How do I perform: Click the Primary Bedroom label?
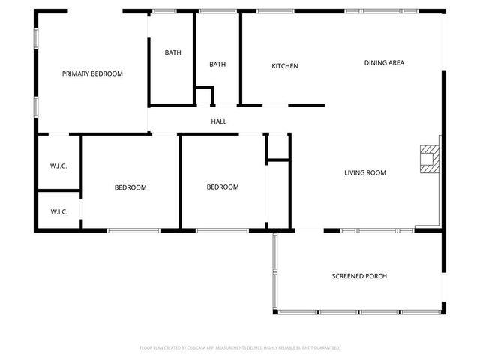pos(92,73)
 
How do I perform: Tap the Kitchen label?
pos(285,66)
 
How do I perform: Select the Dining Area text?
pos(384,63)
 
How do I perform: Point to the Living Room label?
pos(365,173)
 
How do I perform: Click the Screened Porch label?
pos(359,276)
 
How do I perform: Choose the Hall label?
pos(219,121)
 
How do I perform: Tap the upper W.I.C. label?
pos(59,166)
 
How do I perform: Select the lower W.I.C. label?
pos(59,211)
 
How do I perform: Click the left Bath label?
pos(173,52)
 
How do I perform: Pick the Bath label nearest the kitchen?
pos(217,64)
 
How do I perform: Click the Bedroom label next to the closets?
pos(130,187)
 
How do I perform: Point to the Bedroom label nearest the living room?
pos(223,187)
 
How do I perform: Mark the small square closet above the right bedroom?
pos(278,147)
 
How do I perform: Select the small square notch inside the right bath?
pos(204,96)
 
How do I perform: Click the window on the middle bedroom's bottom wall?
pos(217,230)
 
